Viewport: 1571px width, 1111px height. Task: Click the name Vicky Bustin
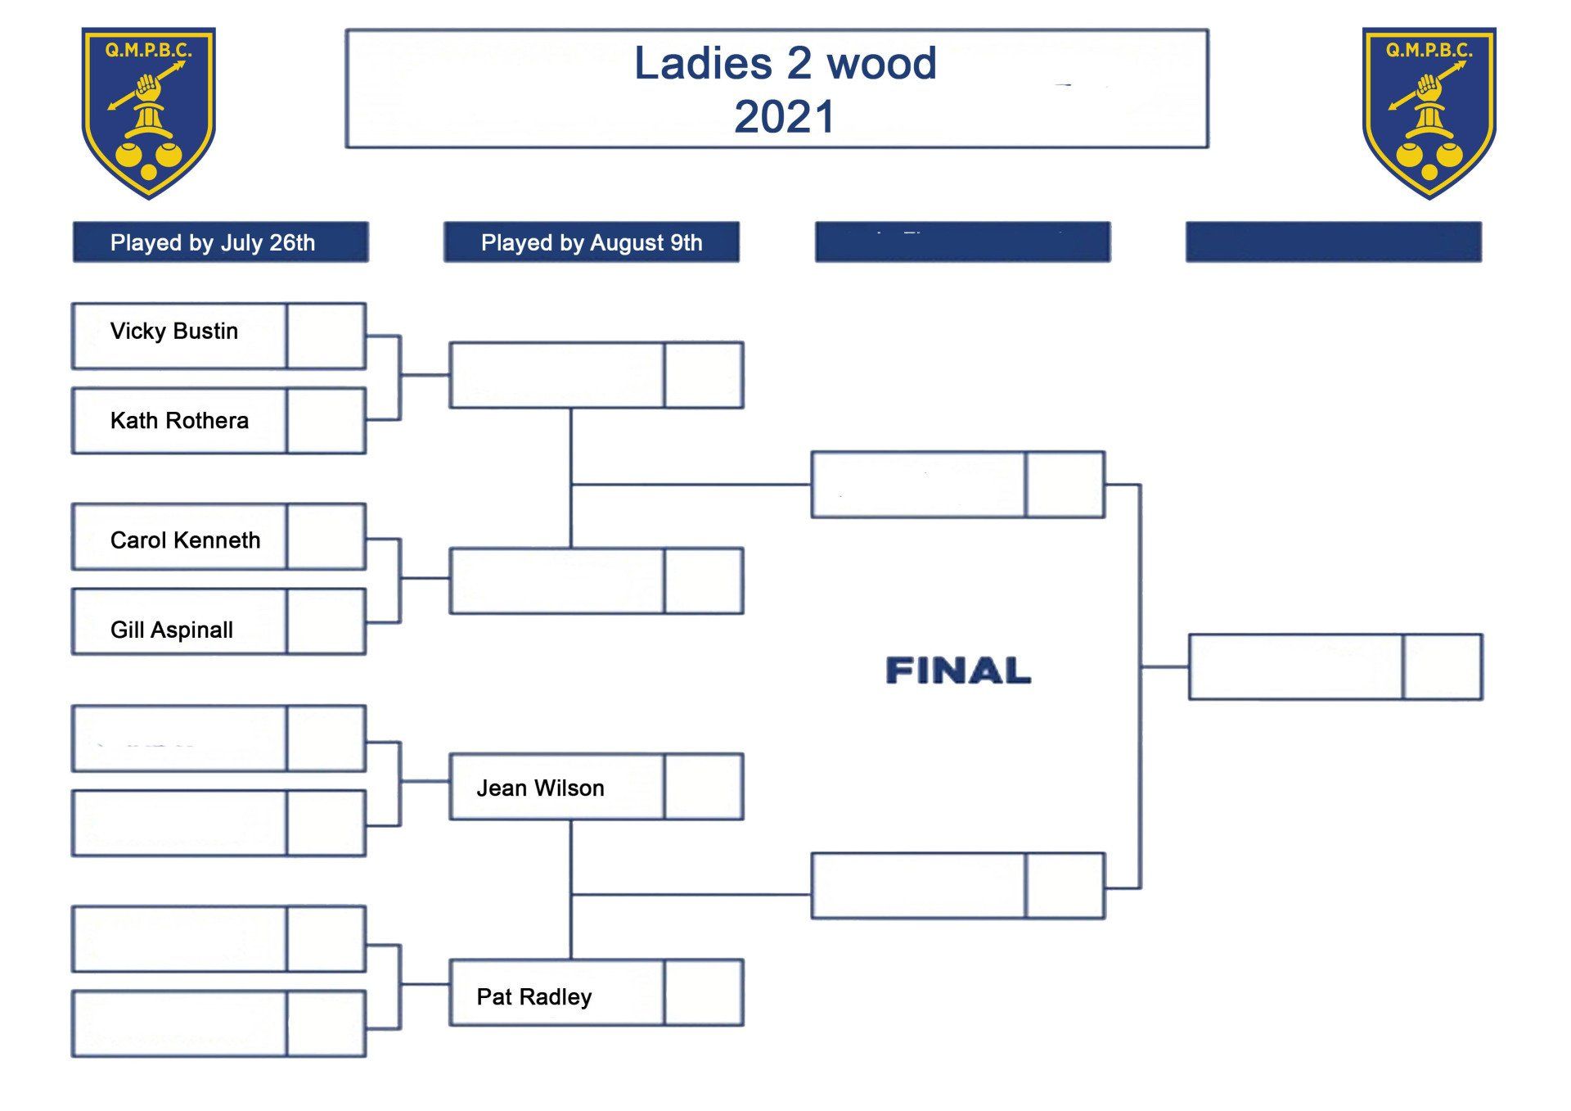coord(173,332)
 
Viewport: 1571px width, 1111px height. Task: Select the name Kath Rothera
coord(179,421)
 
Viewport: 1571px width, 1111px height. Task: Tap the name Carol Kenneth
coord(185,540)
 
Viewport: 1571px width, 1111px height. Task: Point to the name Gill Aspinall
coord(172,630)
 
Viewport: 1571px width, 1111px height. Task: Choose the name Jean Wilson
coord(540,788)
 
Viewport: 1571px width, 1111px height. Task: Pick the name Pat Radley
coord(533,996)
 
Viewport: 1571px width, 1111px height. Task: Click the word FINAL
coord(958,671)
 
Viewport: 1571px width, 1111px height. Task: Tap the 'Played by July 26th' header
coord(213,242)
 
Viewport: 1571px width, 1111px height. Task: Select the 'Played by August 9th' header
coord(592,242)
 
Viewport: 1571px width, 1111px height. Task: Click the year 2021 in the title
coord(784,117)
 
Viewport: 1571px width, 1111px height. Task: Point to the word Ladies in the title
coord(703,64)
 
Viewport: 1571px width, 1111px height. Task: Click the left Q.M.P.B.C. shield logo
coord(148,112)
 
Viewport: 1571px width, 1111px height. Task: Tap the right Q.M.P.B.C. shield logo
coord(1429,112)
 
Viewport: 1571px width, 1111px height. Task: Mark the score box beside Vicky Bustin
coord(326,336)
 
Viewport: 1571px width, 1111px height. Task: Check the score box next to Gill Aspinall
coord(326,621)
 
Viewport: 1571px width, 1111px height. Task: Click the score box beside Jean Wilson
coord(704,787)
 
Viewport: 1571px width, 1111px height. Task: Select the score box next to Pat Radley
coord(704,992)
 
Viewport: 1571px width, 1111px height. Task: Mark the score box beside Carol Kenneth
coord(326,537)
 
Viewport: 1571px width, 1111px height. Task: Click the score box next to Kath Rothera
coord(326,421)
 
